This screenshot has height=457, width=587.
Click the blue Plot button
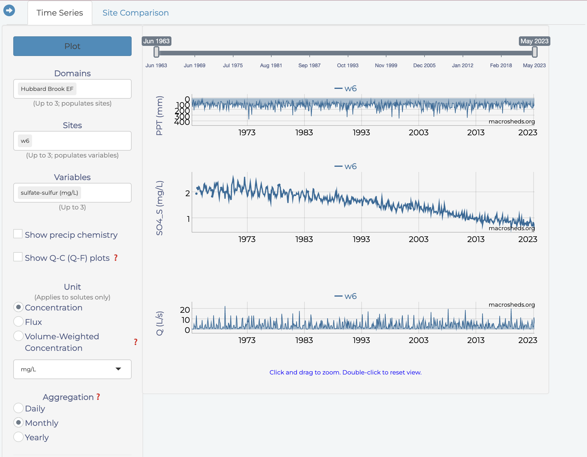[x=72, y=46]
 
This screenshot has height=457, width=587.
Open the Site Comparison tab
[x=135, y=13]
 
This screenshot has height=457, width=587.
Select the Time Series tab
[x=60, y=13]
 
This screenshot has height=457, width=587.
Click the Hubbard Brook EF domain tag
[x=47, y=89]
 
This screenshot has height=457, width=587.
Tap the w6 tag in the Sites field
[x=25, y=141]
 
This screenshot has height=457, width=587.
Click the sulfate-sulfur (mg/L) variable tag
[x=49, y=193]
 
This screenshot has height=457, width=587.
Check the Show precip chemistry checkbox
[x=18, y=234]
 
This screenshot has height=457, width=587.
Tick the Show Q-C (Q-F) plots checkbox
[x=18, y=257]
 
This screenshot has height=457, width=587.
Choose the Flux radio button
[x=18, y=321]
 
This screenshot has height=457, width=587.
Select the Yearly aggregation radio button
[x=18, y=437]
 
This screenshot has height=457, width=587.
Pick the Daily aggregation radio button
[x=18, y=408]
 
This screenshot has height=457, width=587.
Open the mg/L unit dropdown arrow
[x=118, y=369]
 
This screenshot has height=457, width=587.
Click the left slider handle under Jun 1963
[x=156, y=52]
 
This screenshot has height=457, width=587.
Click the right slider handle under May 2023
[x=535, y=52]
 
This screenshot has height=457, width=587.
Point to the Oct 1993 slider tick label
[x=347, y=65]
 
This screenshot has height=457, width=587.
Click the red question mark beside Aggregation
[x=98, y=397]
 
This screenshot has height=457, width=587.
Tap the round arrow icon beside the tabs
[x=9, y=11]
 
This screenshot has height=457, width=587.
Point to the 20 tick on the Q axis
[x=185, y=310]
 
